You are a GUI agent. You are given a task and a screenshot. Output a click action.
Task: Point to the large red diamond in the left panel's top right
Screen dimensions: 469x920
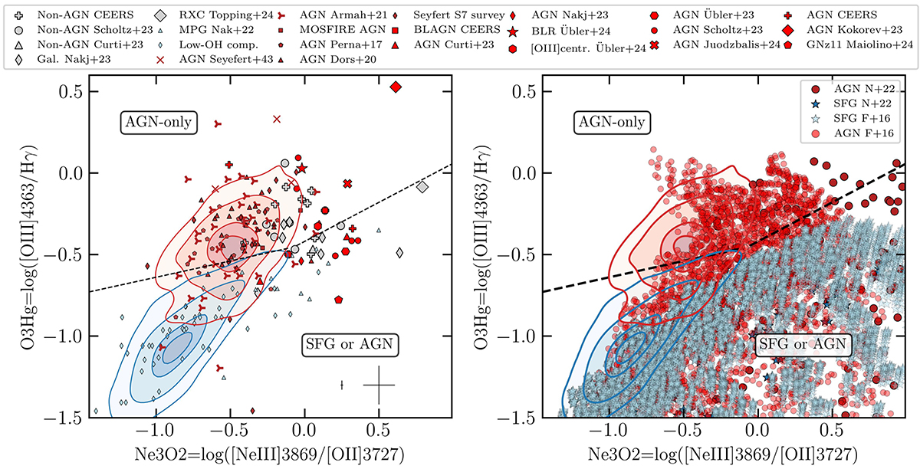(x=396, y=87)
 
